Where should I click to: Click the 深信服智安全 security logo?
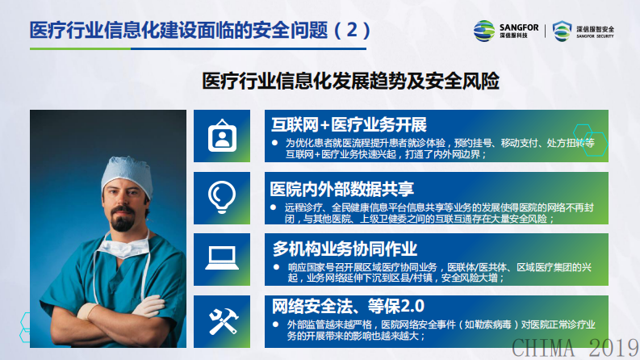click(x=593, y=31)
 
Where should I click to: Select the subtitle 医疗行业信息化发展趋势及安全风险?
click(x=349, y=82)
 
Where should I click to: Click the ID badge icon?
click(x=221, y=135)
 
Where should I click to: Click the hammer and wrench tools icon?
click(x=221, y=319)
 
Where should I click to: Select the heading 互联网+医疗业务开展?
click(x=348, y=125)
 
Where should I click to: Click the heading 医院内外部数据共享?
click(x=341, y=189)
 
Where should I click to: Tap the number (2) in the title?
click(x=353, y=30)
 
